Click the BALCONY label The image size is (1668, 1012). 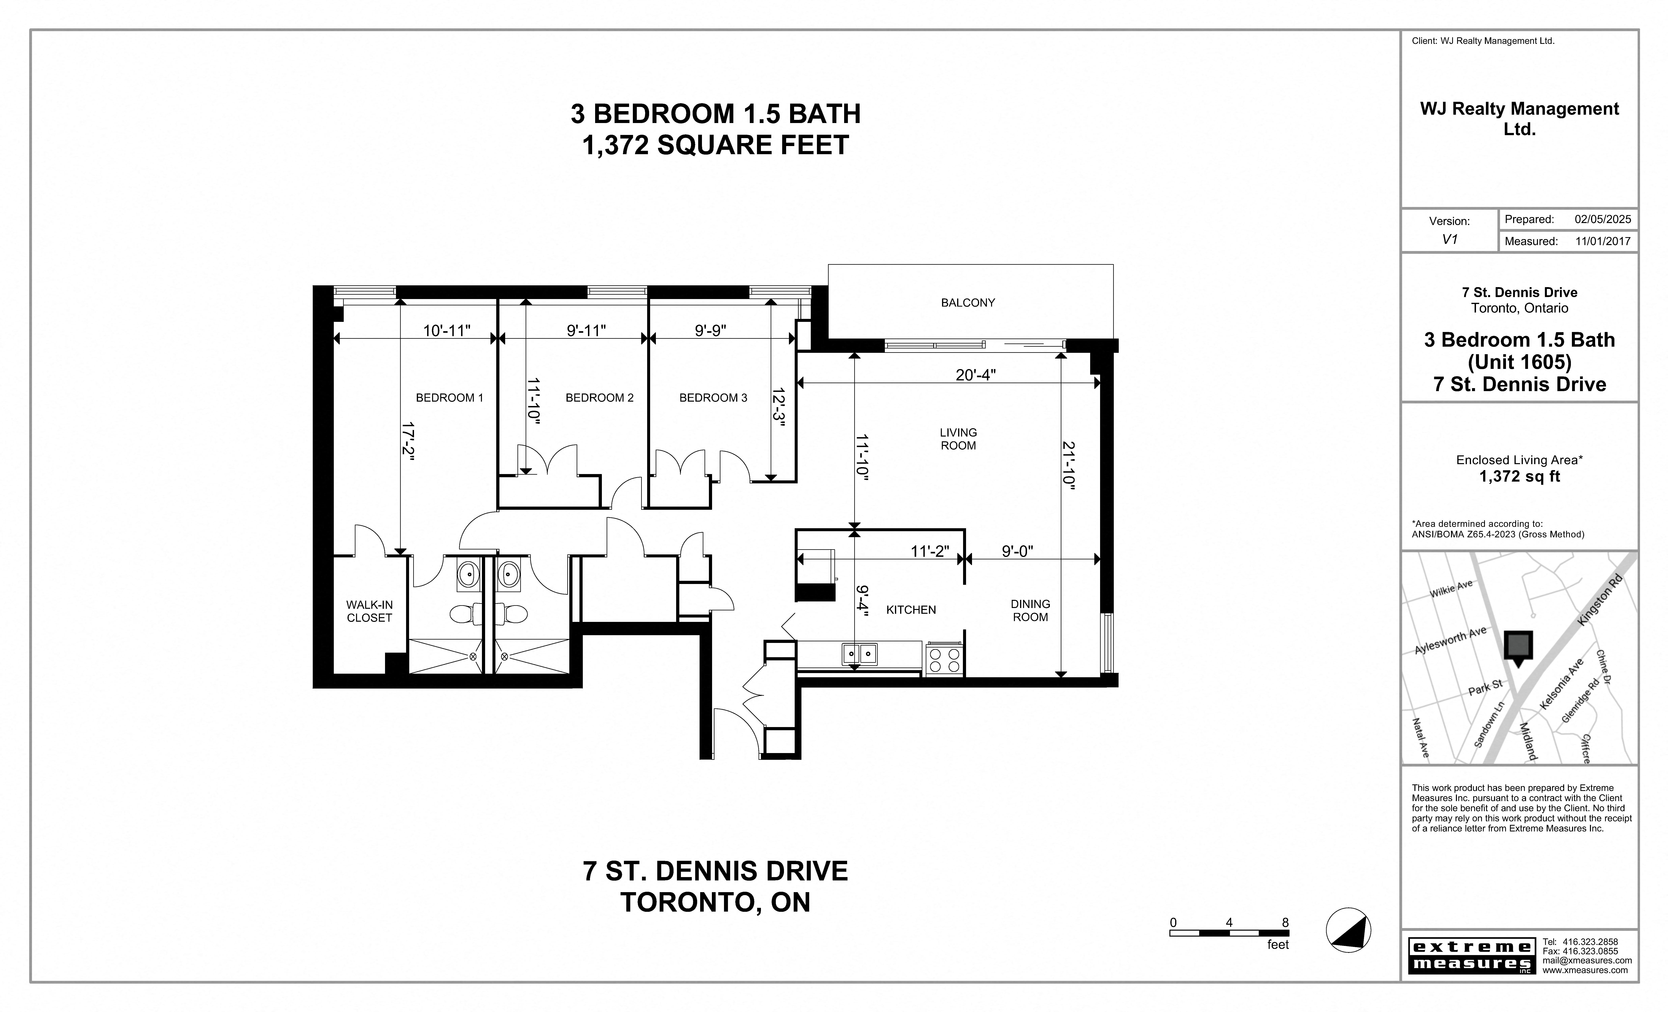click(x=967, y=303)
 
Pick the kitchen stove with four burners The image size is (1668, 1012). click(x=944, y=660)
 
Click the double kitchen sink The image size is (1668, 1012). click(x=859, y=654)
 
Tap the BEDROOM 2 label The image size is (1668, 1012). click(x=599, y=398)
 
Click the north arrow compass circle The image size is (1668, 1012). click(x=1348, y=930)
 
